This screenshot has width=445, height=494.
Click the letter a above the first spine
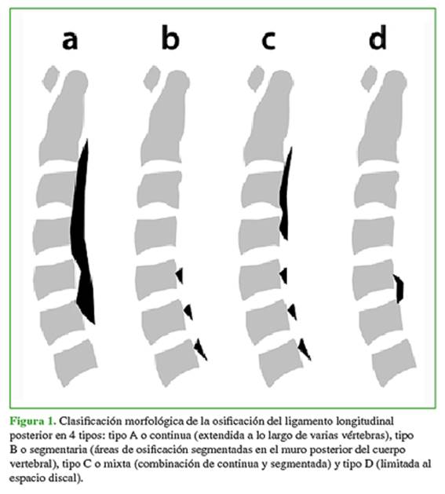(70, 40)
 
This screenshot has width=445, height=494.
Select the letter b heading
(170, 38)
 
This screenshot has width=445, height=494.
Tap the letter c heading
(268, 41)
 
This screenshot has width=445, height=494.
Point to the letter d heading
(378, 38)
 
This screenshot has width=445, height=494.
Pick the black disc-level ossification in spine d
(399, 288)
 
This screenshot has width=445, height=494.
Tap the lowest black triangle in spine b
(199, 349)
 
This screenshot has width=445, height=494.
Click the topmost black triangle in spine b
(180, 276)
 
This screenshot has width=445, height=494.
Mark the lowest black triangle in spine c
(304, 349)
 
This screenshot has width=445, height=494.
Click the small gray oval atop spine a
(50, 78)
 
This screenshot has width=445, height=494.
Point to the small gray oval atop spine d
(369, 78)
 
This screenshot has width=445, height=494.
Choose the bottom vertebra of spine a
(75, 363)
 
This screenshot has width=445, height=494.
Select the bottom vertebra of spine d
(394, 363)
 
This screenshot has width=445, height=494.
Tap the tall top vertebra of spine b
(166, 116)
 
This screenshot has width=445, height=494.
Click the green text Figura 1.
(33, 421)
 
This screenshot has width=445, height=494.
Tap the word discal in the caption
(63, 478)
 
